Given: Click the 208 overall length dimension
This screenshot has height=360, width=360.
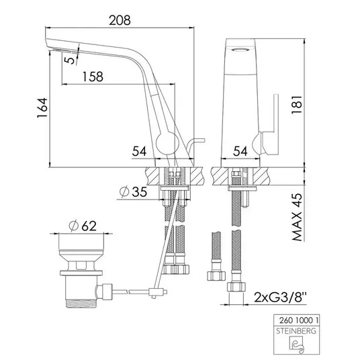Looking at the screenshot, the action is tap(120, 20).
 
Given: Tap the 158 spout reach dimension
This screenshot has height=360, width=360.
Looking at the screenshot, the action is tap(93, 77).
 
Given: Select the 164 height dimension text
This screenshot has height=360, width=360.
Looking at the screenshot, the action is tap(42, 108).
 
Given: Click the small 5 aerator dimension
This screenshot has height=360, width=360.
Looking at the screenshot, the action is tap(70, 60).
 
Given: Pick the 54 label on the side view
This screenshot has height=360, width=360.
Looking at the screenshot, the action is tap(139, 151).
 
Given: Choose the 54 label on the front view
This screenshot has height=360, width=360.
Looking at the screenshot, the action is tap(240, 151).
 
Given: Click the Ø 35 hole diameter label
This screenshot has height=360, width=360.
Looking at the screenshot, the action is tap(133, 191).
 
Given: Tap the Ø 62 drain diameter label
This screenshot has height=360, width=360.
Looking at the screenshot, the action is tap(83, 226).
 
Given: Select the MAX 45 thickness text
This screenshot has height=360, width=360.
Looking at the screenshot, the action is tap(297, 217).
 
